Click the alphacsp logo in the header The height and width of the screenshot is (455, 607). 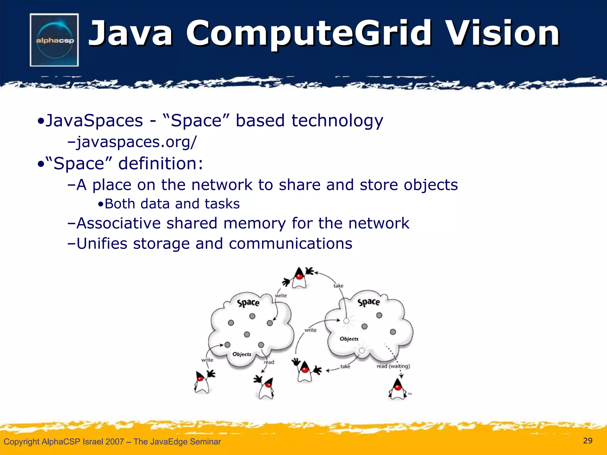(x=54, y=40)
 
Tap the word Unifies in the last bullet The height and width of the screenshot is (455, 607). (x=102, y=243)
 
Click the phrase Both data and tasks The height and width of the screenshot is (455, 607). (x=172, y=204)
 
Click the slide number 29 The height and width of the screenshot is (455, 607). (x=587, y=441)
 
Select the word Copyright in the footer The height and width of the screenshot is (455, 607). (x=21, y=442)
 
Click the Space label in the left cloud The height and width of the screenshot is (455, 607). (x=248, y=303)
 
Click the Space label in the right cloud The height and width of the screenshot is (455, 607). (x=368, y=302)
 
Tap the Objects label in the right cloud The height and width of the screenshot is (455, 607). (x=349, y=339)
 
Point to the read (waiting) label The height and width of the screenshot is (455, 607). (x=393, y=366)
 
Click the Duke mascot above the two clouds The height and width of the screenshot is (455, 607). (x=299, y=278)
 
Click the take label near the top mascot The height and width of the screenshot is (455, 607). (x=338, y=286)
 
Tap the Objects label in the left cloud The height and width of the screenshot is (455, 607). (x=242, y=354)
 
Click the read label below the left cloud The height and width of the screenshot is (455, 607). (x=269, y=362)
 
